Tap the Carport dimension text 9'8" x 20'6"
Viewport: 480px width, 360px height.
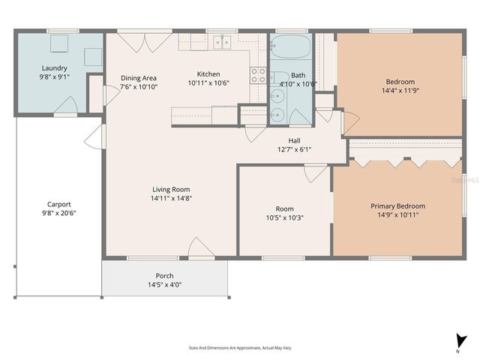[x=60, y=213]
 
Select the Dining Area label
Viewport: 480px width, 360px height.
[x=139, y=78]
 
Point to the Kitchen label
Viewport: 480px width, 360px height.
[x=208, y=73]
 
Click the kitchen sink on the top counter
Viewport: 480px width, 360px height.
[x=222, y=42]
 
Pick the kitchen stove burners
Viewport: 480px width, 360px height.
[x=258, y=74]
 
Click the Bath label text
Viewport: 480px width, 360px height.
[x=298, y=75]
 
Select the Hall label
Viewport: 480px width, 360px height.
[x=295, y=140]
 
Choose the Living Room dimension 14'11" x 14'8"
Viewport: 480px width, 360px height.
[x=172, y=199]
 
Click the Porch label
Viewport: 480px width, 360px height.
[x=165, y=275]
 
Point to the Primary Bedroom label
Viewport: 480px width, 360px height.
[x=397, y=206]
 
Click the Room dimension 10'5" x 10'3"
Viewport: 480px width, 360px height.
[x=284, y=218]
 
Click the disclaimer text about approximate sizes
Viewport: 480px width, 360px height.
[x=239, y=348]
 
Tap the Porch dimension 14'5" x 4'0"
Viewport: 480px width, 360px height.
[x=165, y=284]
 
